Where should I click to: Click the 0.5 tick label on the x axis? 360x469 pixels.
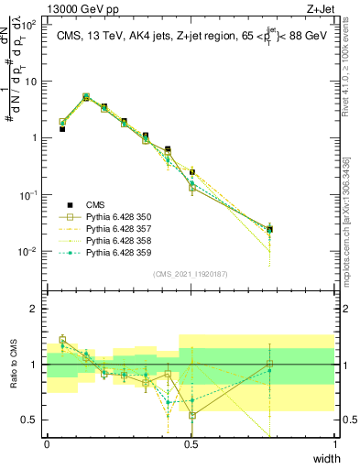point(191,443)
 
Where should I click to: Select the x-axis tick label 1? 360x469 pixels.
point(335,443)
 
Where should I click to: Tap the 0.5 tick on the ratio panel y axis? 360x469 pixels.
point(31,420)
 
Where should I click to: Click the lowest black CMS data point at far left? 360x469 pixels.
point(62,129)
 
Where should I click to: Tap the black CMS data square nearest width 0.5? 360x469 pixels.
point(192,172)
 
